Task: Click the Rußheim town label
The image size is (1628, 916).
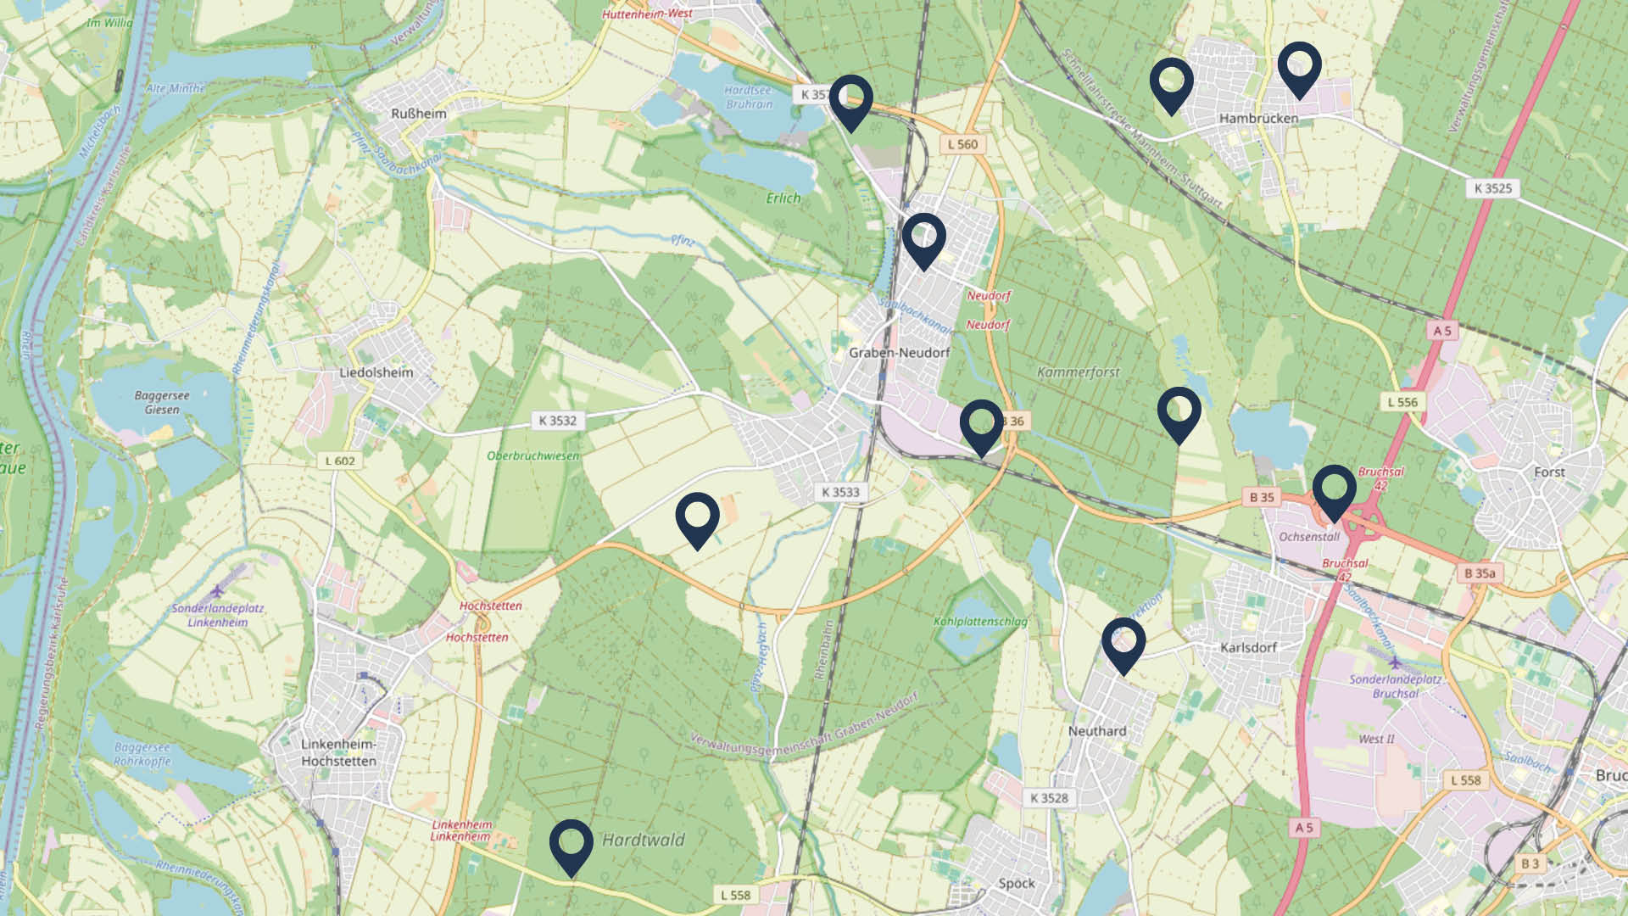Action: tap(418, 114)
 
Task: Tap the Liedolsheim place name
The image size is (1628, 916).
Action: tap(376, 372)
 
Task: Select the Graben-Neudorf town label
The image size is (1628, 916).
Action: tap(899, 353)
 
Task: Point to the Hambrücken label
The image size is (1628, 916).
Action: tap(1258, 119)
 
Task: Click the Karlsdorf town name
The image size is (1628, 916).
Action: tap(1248, 648)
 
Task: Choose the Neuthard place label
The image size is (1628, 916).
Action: tap(1097, 731)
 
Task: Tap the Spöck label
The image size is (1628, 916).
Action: tap(1016, 884)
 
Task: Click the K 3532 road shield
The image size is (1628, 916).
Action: tap(557, 421)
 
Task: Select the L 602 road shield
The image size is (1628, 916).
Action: tap(340, 461)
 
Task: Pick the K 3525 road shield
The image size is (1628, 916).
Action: tap(1492, 188)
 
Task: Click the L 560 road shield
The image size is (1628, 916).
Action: tap(962, 144)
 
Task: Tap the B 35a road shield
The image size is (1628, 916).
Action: tap(1480, 573)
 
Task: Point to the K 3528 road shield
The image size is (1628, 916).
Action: tap(1050, 798)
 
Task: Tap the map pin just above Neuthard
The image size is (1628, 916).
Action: tap(1123, 645)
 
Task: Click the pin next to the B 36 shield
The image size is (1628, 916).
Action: tap(981, 427)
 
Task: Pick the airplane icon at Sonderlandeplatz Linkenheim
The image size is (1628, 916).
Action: tap(218, 590)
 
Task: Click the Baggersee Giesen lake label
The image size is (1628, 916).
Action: tap(162, 403)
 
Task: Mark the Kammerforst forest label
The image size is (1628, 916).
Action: tap(1078, 372)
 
